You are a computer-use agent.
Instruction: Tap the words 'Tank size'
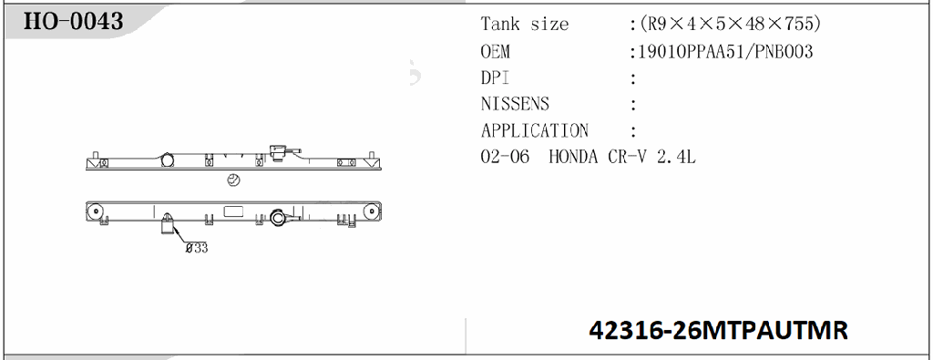coord(524,25)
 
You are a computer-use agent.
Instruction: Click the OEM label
coord(496,52)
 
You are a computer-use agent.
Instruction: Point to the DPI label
coord(495,78)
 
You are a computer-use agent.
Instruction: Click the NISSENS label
coord(515,104)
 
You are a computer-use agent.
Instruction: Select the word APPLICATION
coord(535,130)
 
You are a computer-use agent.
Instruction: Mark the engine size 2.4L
coord(679,157)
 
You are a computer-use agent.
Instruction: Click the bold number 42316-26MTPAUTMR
coord(719,330)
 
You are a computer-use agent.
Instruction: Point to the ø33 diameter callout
coord(196,247)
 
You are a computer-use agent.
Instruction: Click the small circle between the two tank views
coord(233,180)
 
